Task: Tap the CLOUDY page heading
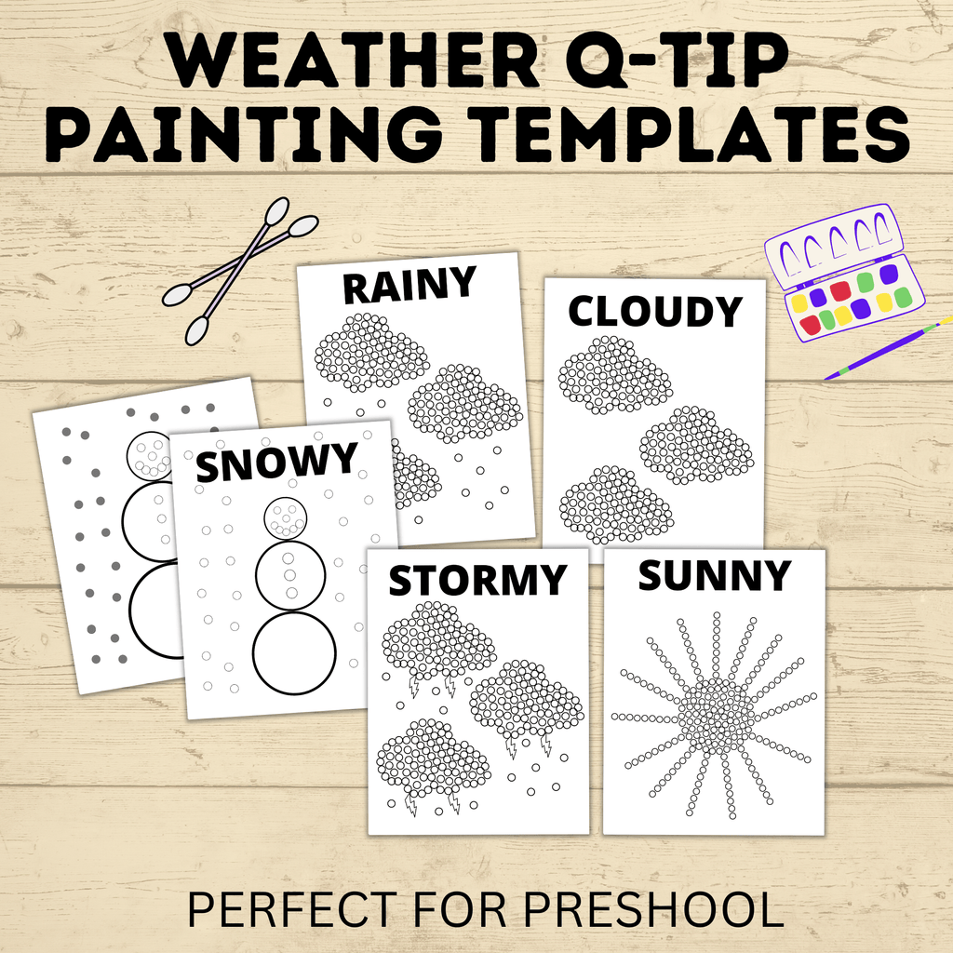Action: pyautogui.click(x=655, y=311)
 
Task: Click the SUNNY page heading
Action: pyautogui.click(x=713, y=576)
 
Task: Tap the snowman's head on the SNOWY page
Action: pyautogui.click(x=286, y=518)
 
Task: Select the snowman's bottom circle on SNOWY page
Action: pyautogui.click(x=294, y=652)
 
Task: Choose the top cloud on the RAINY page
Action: pyautogui.click(x=371, y=352)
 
